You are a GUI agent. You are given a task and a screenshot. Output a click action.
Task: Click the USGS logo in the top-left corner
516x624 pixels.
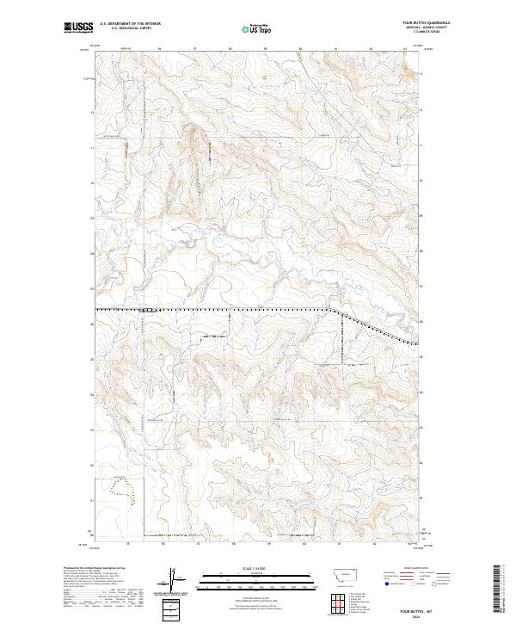coord(79,28)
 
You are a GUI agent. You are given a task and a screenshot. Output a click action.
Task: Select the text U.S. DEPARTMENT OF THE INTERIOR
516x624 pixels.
coord(130,25)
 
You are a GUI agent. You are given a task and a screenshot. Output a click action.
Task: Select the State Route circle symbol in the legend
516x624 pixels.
coord(434,591)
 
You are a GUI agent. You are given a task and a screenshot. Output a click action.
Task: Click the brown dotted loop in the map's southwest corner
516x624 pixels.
coord(126,490)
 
